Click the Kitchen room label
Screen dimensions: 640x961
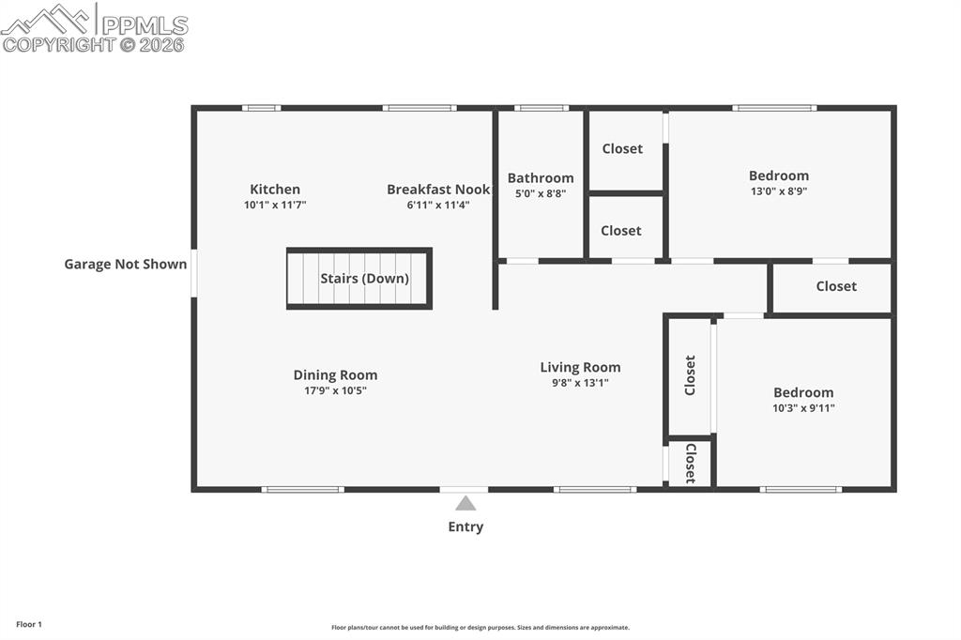pyautogui.click(x=275, y=190)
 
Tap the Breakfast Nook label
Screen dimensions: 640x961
pyautogui.click(x=438, y=190)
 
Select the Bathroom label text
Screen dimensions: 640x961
pyautogui.click(x=541, y=178)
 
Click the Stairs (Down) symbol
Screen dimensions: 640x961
pyautogui.click(x=359, y=279)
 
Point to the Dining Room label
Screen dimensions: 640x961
pyautogui.click(x=335, y=375)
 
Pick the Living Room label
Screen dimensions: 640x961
pyautogui.click(x=580, y=368)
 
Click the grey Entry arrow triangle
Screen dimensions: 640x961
pyautogui.click(x=465, y=504)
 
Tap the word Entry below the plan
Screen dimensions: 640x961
pyautogui.click(x=465, y=526)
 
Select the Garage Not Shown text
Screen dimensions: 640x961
pyautogui.click(x=126, y=265)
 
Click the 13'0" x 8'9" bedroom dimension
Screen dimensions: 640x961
pyautogui.click(x=779, y=190)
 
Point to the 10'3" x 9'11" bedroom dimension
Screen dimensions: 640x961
pyautogui.click(x=803, y=408)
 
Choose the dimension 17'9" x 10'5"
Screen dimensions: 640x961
pyautogui.click(x=335, y=390)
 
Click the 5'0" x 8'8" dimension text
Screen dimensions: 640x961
pyautogui.click(x=541, y=193)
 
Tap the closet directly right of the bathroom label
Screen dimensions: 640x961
pyautogui.click(x=622, y=149)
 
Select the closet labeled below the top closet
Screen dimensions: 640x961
pyautogui.click(x=621, y=231)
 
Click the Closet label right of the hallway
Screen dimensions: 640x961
pyautogui.click(x=836, y=286)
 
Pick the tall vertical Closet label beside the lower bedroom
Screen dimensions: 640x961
pyautogui.click(x=690, y=375)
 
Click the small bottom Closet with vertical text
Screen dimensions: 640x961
pyautogui.click(x=690, y=464)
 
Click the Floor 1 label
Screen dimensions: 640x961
pyautogui.click(x=29, y=624)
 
